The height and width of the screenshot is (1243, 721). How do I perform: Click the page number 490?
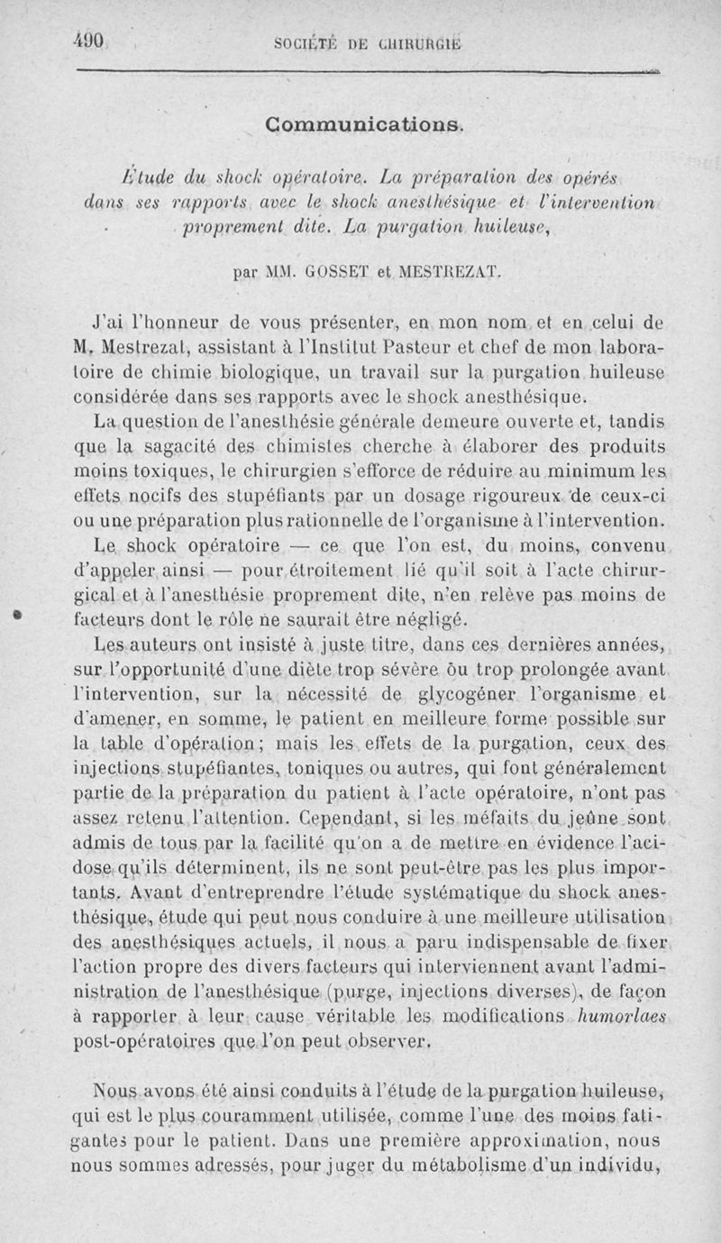pyautogui.click(x=91, y=42)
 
